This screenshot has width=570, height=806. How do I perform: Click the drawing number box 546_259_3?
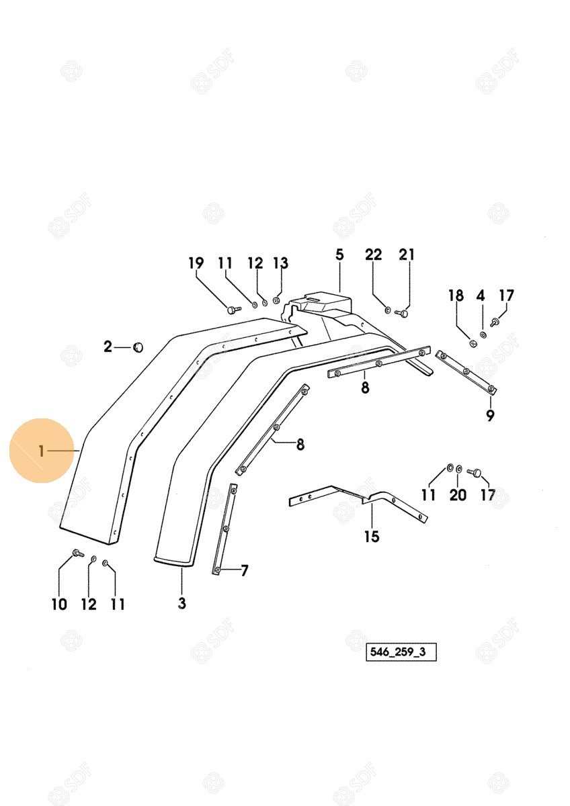point(401,652)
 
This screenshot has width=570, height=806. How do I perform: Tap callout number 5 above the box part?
point(339,255)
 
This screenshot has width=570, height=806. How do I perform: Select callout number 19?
point(196,263)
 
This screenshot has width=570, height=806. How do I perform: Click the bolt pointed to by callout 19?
point(234,309)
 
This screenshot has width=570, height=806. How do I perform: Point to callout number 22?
point(373,255)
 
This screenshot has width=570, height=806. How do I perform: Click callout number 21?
point(407,255)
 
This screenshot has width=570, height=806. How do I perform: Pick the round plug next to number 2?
point(138,348)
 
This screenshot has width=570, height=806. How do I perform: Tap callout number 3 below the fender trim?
point(182,603)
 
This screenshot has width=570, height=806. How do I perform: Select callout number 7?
point(245,571)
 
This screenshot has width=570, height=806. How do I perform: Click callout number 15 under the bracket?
point(372,537)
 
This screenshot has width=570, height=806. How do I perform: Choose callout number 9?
point(490,416)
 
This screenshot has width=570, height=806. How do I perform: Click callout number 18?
point(456,296)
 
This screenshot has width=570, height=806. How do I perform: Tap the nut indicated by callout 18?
point(473,343)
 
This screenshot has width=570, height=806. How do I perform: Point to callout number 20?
point(458,495)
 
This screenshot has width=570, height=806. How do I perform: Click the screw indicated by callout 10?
point(78,553)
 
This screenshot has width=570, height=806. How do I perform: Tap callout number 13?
point(280,263)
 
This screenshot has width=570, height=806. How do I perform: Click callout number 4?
point(481,296)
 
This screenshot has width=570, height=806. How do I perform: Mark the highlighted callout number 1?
point(42,451)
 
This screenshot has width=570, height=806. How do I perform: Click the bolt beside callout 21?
point(402,314)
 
